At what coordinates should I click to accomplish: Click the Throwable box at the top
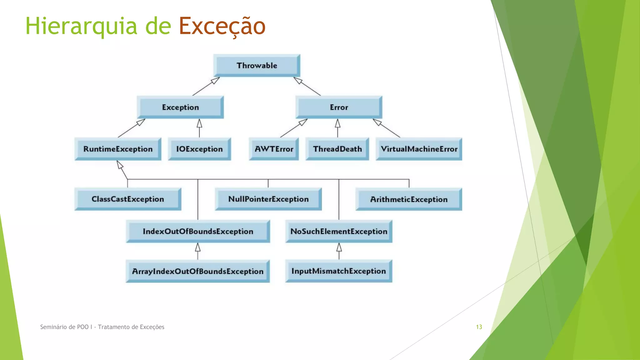(x=257, y=66)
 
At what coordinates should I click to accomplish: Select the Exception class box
(x=180, y=107)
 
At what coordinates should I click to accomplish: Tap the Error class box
(x=339, y=107)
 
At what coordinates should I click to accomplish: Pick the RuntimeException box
(x=118, y=149)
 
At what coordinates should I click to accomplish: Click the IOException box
(x=199, y=149)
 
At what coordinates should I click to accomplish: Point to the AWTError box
(x=274, y=149)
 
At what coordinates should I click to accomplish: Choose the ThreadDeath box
(x=337, y=149)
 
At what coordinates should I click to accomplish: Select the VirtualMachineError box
(x=419, y=149)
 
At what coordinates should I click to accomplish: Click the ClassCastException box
(x=127, y=199)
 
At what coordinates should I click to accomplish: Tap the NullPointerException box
(x=268, y=199)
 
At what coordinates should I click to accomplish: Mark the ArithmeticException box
(x=409, y=199)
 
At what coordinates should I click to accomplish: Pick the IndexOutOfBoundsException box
(x=198, y=232)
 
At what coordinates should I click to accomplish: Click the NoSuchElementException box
(x=339, y=232)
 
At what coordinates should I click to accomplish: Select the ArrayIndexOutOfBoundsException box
(x=197, y=271)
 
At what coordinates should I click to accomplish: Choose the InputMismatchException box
(x=339, y=271)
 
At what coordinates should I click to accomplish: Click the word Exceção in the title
(x=222, y=26)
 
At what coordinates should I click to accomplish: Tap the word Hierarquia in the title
(x=81, y=26)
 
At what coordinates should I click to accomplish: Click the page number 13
(x=479, y=327)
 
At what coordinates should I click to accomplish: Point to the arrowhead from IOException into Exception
(x=199, y=123)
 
